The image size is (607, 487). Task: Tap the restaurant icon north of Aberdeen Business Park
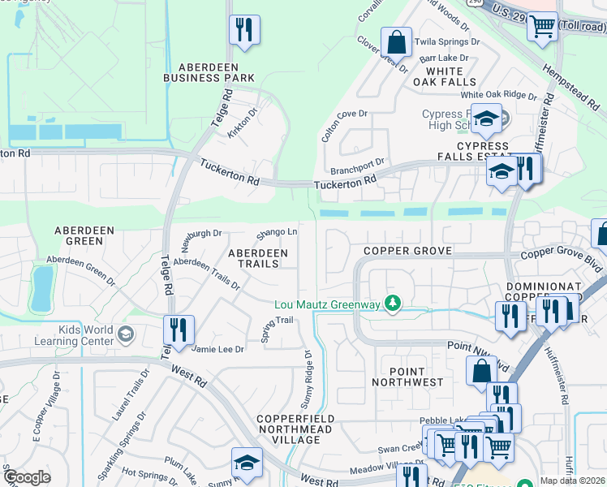[x=243, y=30]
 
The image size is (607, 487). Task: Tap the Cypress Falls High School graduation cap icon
[x=485, y=120]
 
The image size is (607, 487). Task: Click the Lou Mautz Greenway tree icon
[x=393, y=304]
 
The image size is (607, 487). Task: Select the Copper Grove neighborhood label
[x=407, y=251]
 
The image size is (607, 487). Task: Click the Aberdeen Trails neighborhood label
[x=257, y=258]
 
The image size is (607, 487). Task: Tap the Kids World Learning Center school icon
[x=125, y=334]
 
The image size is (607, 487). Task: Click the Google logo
[x=27, y=476]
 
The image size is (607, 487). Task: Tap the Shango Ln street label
[x=277, y=235]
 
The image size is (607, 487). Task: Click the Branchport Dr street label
[x=357, y=167]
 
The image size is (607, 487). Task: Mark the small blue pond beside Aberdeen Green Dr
[x=41, y=288]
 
